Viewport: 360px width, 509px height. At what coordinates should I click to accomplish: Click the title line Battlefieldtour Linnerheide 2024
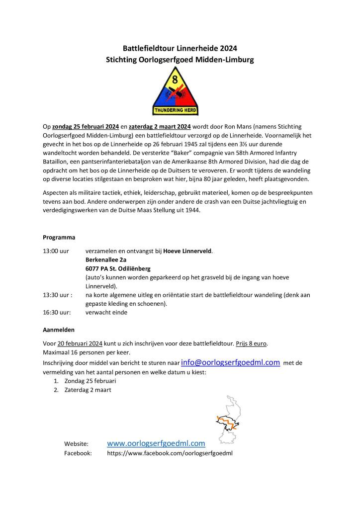tap(180, 48)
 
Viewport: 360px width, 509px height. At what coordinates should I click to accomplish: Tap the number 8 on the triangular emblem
tap(174, 79)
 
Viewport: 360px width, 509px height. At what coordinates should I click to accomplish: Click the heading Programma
tap(59, 238)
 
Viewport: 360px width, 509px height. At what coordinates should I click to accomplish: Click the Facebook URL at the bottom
tap(170, 453)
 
